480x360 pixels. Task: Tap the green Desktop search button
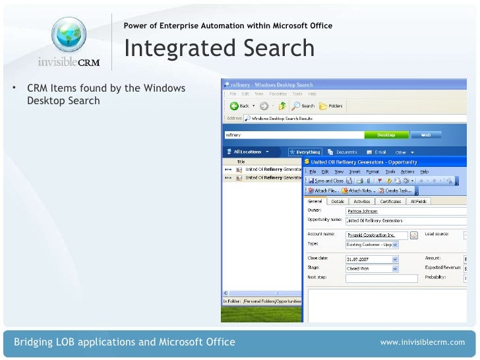pos(386,135)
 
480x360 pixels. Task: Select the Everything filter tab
pos(305,152)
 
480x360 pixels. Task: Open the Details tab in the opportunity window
pos(337,201)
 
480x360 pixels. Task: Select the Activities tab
pos(361,201)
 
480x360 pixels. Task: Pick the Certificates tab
pos(390,201)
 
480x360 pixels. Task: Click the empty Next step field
pos(373,278)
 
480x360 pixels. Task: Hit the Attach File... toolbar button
pos(323,190)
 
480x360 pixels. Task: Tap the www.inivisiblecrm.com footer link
pos(423,342)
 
